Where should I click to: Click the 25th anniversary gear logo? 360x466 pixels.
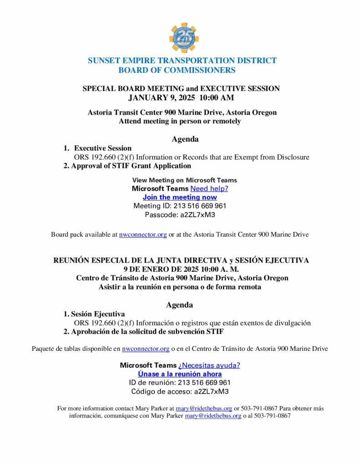click(184, 38)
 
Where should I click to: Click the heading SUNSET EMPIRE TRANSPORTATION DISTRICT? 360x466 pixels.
click(182, 61)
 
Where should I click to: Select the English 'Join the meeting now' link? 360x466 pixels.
click(180, 197)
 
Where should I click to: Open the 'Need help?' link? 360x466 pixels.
click(209, 188)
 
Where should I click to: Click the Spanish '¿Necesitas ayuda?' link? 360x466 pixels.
click(209, 365)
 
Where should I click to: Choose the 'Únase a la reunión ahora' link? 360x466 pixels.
click(180, 374)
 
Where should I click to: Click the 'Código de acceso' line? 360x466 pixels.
click(180, 391)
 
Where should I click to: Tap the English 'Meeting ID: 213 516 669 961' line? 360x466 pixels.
click(180, 206)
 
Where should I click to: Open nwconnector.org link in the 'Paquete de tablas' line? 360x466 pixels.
click(146, 349)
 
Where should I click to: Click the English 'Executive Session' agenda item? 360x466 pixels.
click(103, 148)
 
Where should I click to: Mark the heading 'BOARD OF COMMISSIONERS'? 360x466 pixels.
click(177, 70)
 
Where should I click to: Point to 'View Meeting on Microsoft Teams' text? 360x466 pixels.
click(184, 180)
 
